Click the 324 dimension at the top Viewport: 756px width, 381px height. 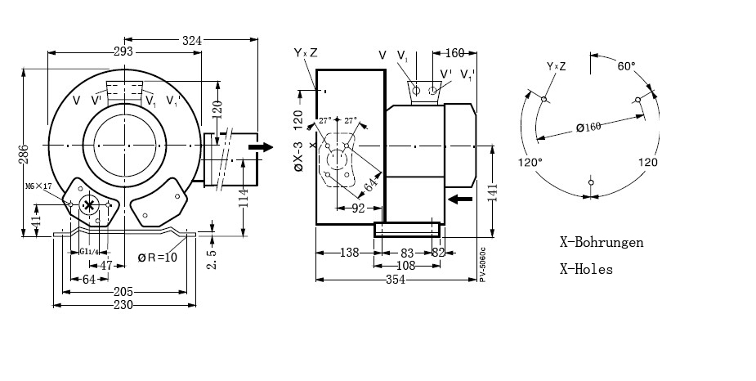point(191,38)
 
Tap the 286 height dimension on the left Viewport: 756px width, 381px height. point(25,155)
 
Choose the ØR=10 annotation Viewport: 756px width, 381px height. point(157,258)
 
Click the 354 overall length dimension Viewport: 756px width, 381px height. point(394,280)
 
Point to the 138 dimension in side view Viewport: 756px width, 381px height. point(350,253)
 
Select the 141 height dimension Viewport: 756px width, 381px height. point(491,191)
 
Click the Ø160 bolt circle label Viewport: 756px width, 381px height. point(588,126)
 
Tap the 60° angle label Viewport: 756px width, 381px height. point(627,65)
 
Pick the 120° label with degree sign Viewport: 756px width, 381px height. point(530,162)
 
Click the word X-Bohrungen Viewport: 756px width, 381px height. point(601,242)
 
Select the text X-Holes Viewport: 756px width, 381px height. point(586,269)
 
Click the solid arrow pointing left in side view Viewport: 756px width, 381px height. point(461,199)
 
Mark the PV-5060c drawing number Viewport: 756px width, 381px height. point(483,264)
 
